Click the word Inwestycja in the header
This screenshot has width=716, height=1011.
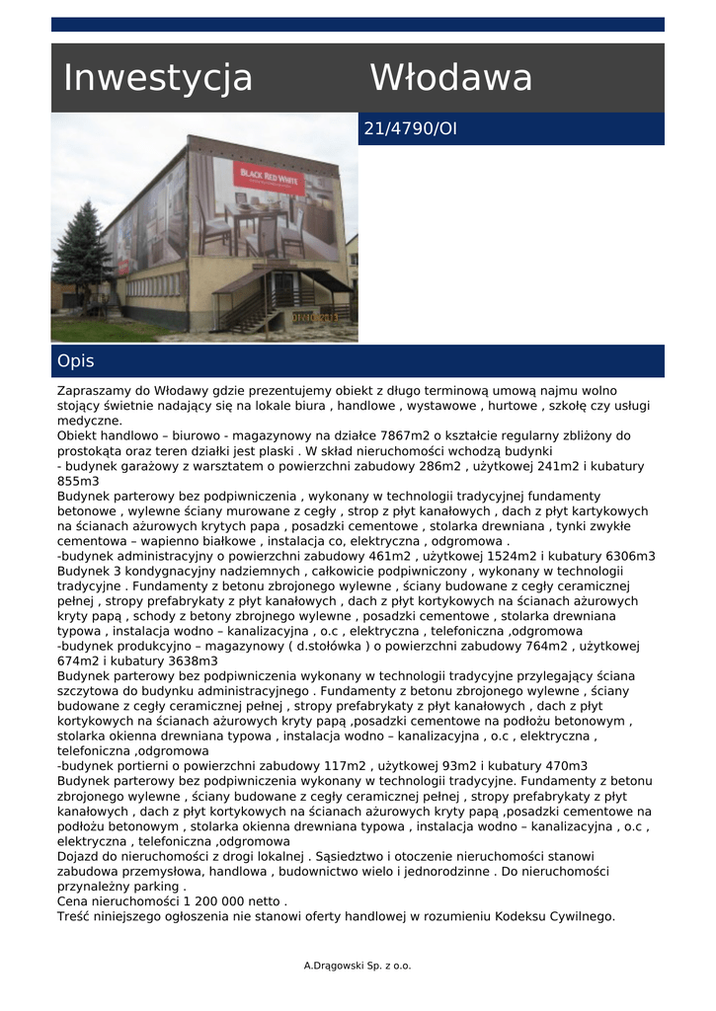point(158,78)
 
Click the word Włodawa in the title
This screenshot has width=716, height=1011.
point(451,78)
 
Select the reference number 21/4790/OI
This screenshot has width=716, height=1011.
point(411,129)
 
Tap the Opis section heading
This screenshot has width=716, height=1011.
point(76,361)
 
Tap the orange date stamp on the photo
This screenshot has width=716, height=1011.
point(314,318)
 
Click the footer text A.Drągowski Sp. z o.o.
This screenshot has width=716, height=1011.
point(358,966)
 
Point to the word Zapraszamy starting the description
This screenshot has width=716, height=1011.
point(95,391)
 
